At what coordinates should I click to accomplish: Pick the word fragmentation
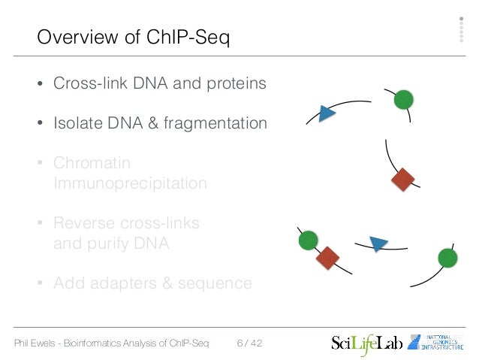tap(218, 123)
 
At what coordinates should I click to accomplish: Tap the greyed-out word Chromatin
tap(92, 163)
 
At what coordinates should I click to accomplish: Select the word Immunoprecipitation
tap(130, 183)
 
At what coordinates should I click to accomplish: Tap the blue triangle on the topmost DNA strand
tap(326, 114)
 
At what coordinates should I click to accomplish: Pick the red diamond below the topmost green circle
tap(403, 180)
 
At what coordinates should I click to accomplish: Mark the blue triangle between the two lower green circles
tap(378, 244)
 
